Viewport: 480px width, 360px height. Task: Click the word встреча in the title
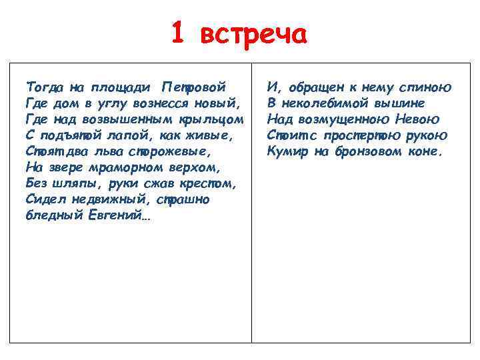pyautogui.click(x=253, y=33)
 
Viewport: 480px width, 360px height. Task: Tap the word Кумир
pyautogui.click(x=287, y=151)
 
